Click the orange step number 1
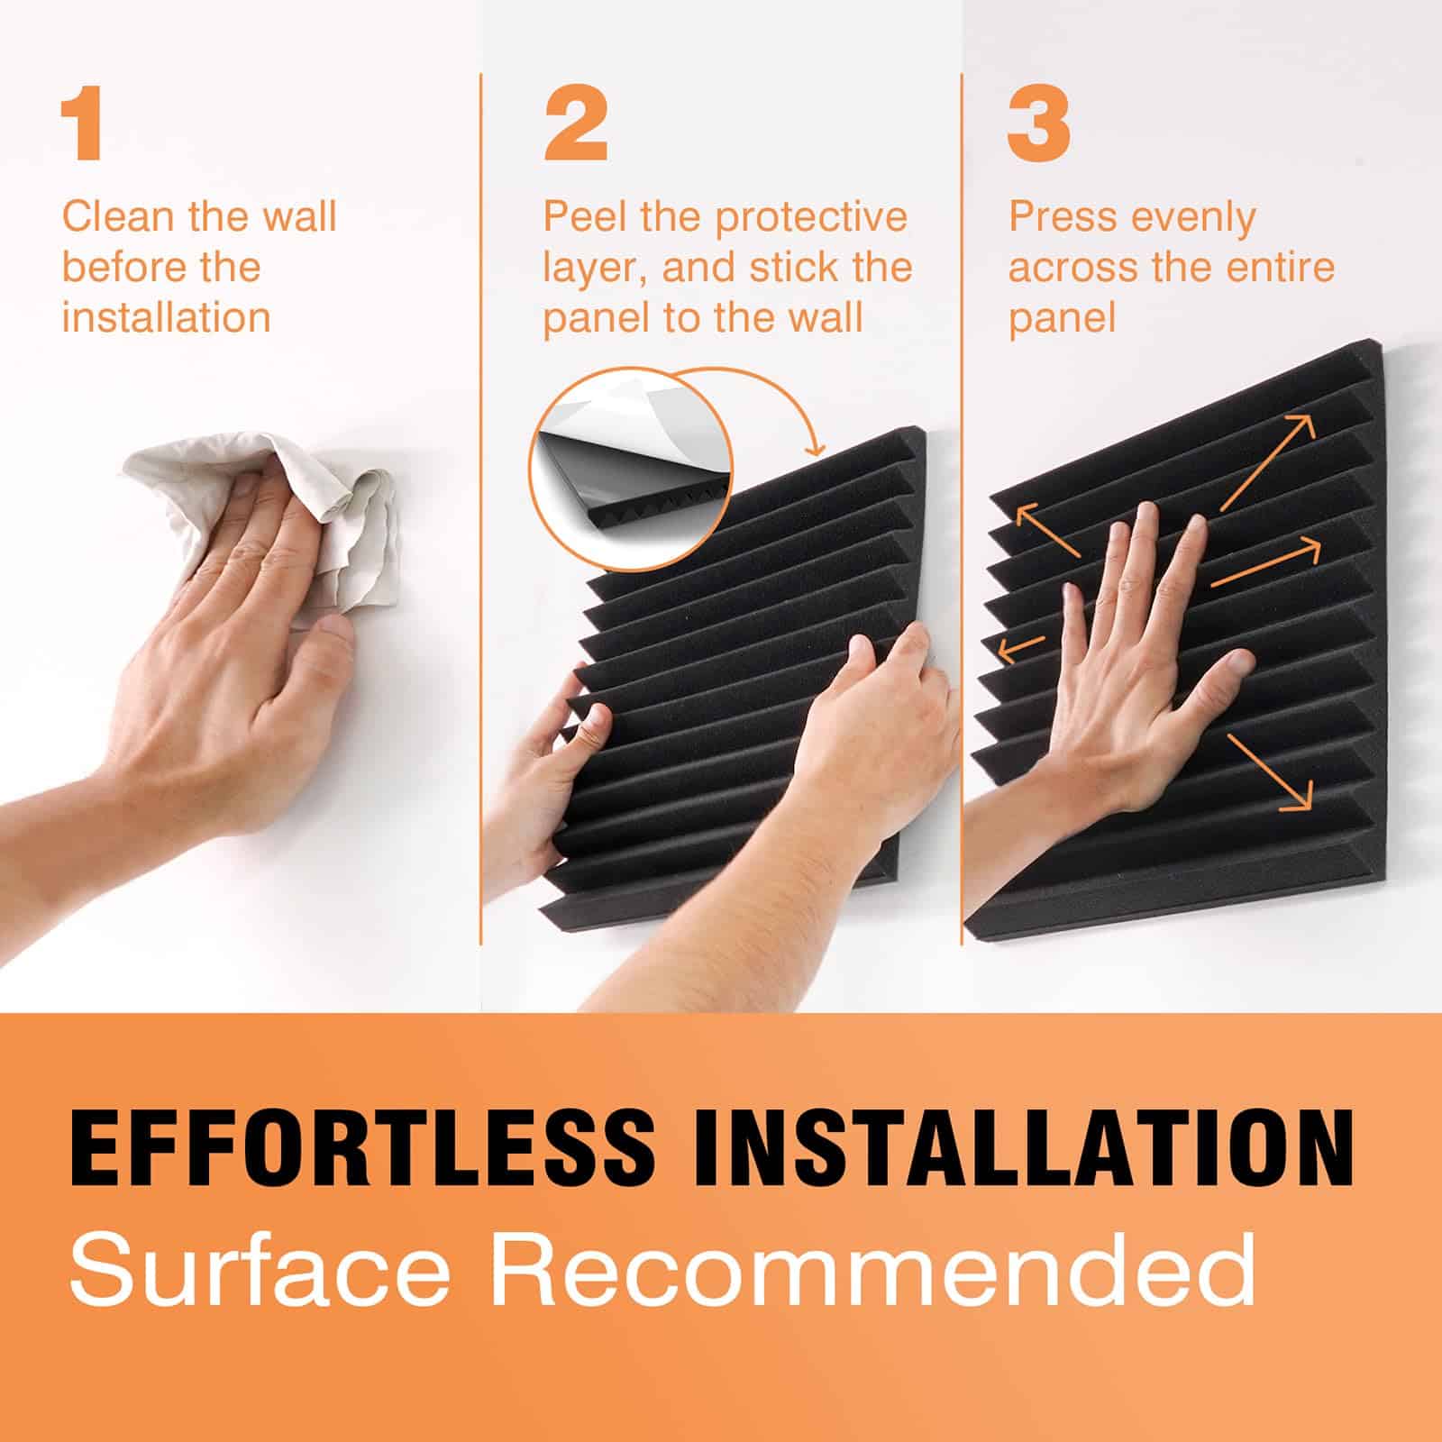point(84,127)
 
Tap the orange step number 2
point(576,127)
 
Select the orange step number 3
point(1038,127)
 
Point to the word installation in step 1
point(167,317)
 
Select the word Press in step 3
point(1062,216)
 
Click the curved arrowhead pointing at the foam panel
point(817,445)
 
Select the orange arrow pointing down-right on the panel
point(1269,770)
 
